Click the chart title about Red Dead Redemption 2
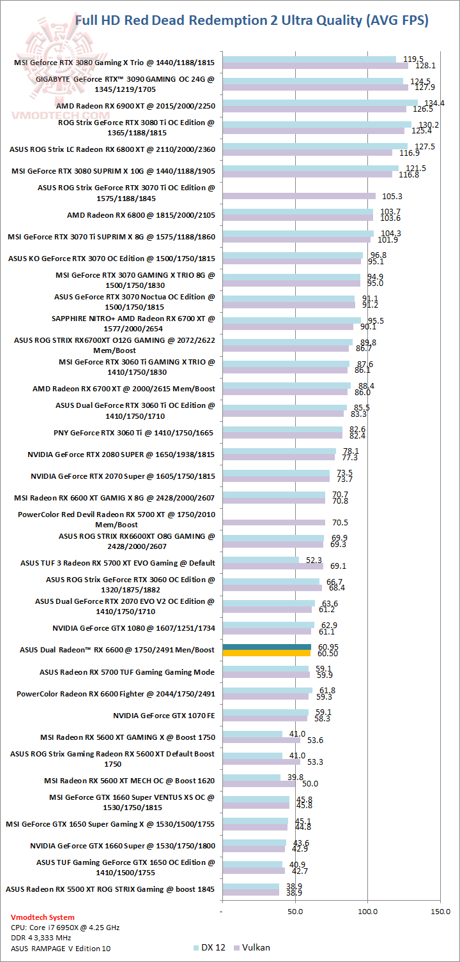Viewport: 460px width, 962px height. pyautogui.click(x=252, y=20)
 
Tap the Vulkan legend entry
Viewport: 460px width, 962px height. pyautogui.click(x=252, y=947)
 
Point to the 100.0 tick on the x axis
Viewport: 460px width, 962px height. pyautogui.click(x=367, y=912)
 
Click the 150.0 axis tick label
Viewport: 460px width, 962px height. pyautogui.click(x=440, y=912)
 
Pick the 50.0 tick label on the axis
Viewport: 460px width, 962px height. pyautogui.click(x=295, y=912)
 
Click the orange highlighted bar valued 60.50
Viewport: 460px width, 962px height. pyautogui.click(x=266, y=653)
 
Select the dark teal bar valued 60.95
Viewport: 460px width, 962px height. pyautogui.click(x=266, y=647)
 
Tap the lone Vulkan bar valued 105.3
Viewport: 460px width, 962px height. pyautogui.click(x=298, y=196)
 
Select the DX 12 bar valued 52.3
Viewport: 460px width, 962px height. pyautogui.click(x=260, y=560)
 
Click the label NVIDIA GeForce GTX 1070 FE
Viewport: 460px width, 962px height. pyautogui.click(x=164, y=715)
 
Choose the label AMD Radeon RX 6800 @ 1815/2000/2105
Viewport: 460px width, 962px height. pyautogui.click(x=141, y=214)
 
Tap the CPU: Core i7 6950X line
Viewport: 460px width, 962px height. pyautogui.click(x=65, y=928)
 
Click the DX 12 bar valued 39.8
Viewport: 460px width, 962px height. pyautogui.click(x=251, y=777)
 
